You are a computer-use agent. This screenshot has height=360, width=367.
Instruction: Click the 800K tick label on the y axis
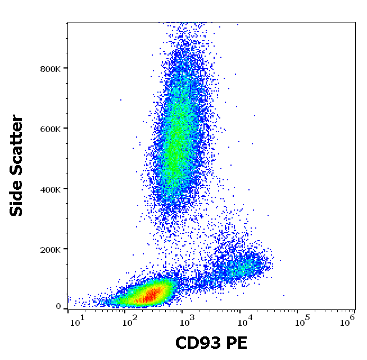(51, 69)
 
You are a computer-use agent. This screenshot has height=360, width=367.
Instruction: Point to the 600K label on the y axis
(51, 129)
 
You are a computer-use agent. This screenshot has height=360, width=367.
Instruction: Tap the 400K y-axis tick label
(51, 189)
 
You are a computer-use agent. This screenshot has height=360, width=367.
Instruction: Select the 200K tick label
(51, 249)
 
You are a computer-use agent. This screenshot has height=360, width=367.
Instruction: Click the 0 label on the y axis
(58, 307)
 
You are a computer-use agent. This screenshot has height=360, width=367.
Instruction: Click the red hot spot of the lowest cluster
(151, 294)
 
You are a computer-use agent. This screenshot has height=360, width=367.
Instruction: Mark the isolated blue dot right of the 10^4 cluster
(283, 295)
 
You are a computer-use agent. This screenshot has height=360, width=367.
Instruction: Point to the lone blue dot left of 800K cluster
(120, 100)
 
